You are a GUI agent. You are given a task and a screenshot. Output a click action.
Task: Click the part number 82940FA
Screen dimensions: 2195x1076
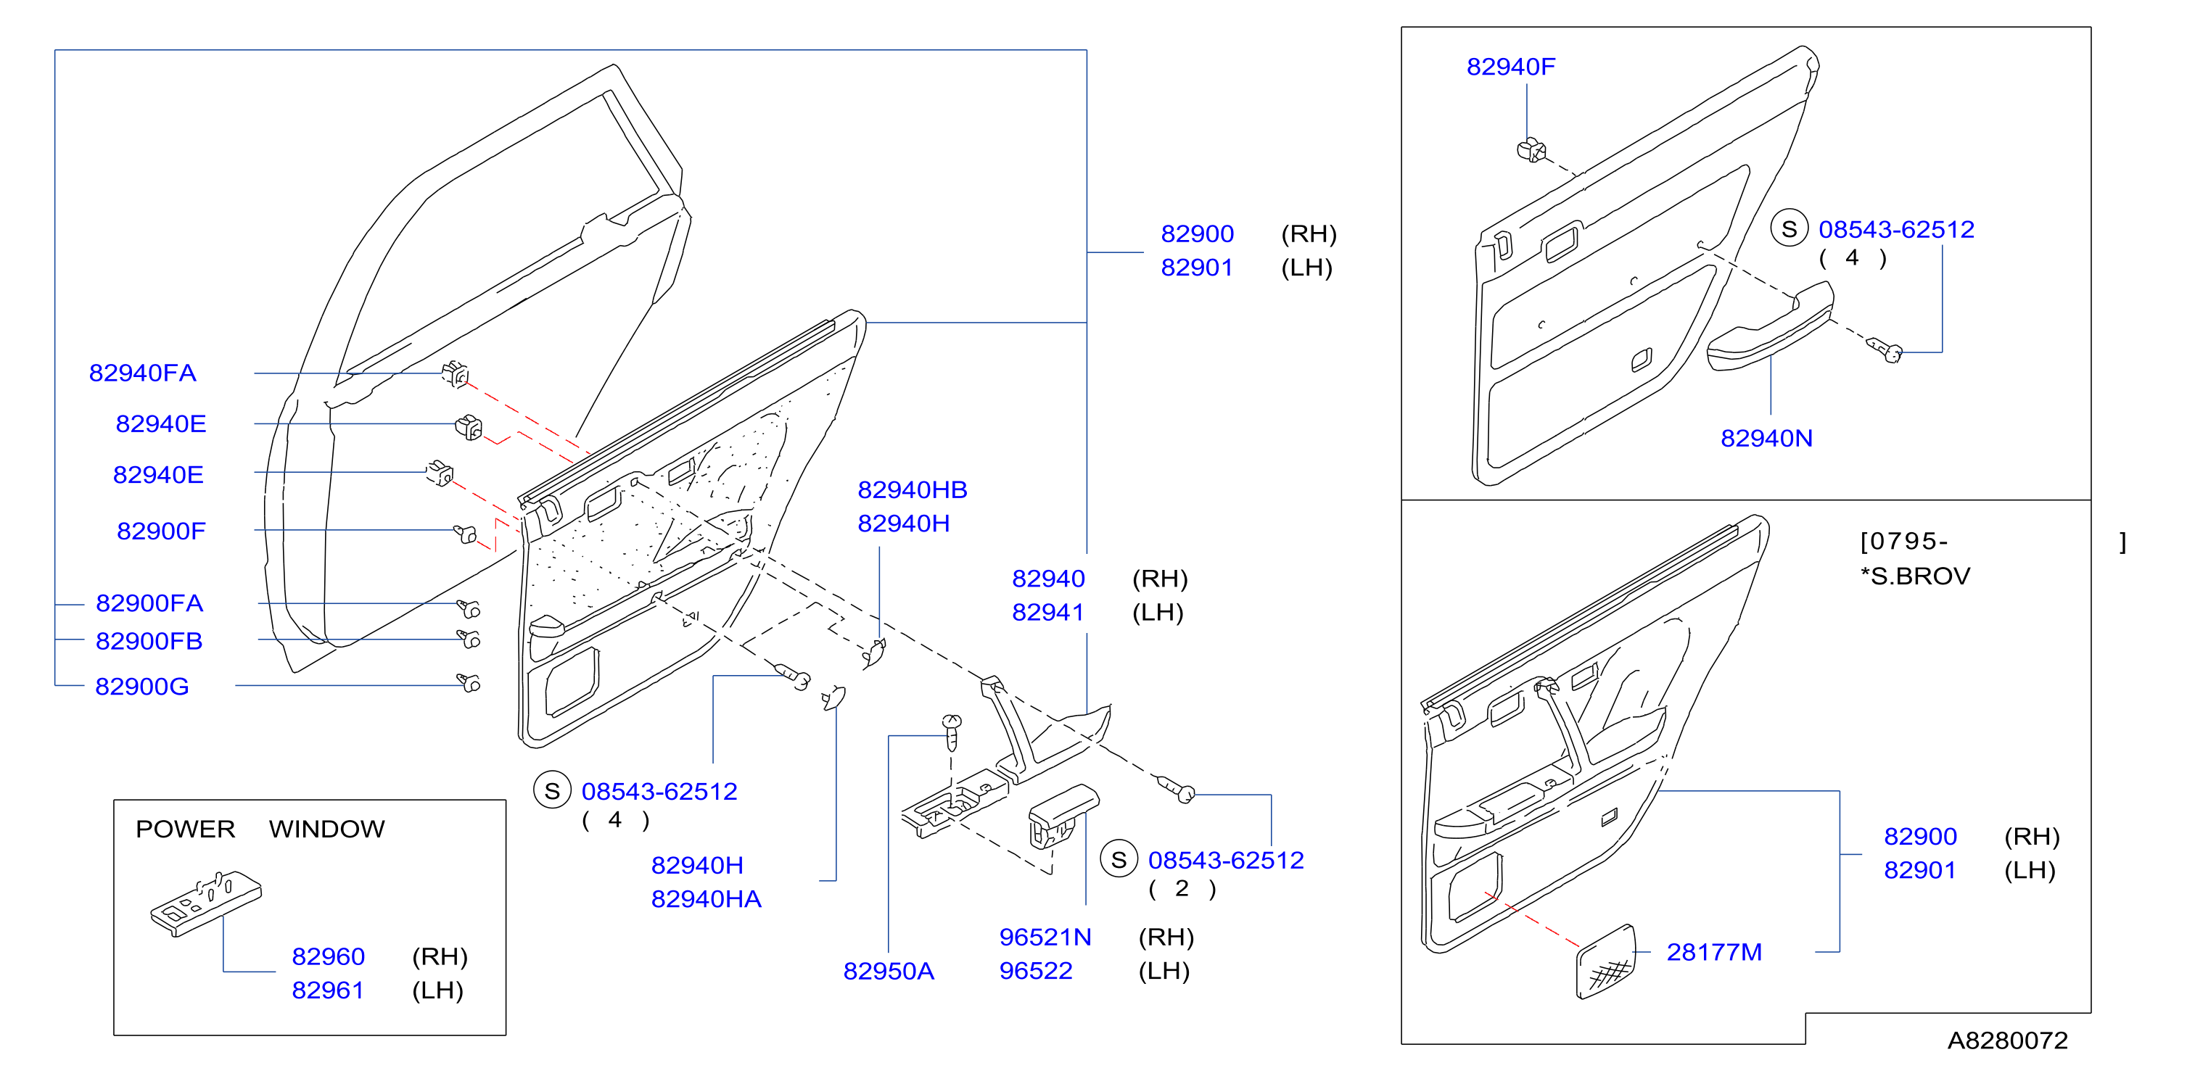(x=142, y=373)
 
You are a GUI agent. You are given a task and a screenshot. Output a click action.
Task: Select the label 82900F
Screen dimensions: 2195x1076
(x=161, y=531)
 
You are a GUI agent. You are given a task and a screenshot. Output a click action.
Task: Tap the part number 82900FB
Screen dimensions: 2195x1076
(x=149, y=642)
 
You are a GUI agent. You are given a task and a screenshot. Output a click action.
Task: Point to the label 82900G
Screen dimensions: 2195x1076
(x=142, y=687)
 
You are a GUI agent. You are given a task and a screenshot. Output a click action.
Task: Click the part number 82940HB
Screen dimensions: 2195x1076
(x=913, y=490)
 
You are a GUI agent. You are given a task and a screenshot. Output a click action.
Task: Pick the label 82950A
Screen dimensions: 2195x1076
(x=889, y=971)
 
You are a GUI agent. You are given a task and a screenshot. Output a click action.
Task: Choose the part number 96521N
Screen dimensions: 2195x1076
(x=1045, y=937)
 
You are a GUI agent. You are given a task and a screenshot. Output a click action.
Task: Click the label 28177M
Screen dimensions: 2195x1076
(x=1714, y=953)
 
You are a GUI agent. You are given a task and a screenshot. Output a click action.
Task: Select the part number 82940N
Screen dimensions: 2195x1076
(x=1766, y=439)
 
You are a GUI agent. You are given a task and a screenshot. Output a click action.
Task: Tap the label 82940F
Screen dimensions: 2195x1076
(x=1511, y=67)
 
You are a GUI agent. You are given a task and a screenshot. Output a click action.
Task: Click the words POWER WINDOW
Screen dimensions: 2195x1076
(x=260, y=829)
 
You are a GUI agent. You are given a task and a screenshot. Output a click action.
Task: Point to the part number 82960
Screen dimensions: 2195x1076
(x=328, y=957)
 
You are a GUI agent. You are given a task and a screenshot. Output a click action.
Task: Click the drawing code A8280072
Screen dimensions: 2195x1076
(x=2008, y=1040)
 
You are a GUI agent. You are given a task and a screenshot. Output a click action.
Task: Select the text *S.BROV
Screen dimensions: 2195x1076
(x=1916, y=576)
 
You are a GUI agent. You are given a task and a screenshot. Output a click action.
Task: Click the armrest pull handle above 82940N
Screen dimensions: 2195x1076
(x=1770, y=327)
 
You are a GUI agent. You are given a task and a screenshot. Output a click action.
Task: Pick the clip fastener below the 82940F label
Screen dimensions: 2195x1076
(x=1531, y=151)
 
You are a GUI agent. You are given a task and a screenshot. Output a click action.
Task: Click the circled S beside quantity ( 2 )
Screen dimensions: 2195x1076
(x=1119, y=861)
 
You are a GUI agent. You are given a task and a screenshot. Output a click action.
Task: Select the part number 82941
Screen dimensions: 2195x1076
(x=1048, y=613)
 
